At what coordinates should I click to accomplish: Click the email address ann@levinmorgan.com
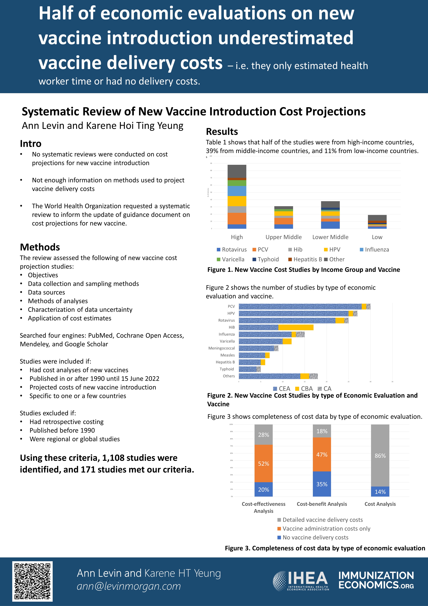(129, 586)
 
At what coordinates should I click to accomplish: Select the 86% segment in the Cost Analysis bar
(380, 456)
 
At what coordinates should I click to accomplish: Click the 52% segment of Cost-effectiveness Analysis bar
(264, 463)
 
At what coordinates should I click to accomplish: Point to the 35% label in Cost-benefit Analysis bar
(322, 484)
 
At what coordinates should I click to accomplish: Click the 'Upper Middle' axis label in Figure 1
(284, 237)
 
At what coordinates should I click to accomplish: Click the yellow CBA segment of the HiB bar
(296, 327)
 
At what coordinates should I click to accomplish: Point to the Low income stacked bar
(377, 222)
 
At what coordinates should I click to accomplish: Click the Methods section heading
(40, 247)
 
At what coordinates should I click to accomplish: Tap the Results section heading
(222, 131)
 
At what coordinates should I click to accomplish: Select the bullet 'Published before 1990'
(62, 430)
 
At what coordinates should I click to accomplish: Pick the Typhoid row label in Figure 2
(227, 369)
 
